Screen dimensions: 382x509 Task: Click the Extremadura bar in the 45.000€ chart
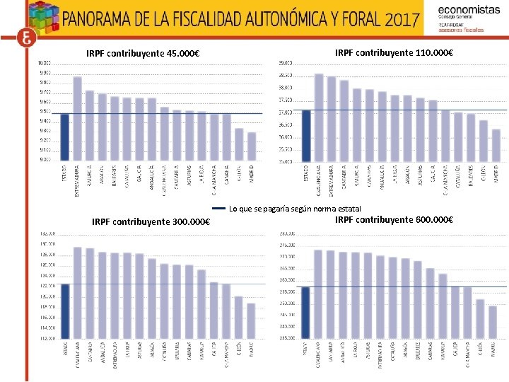click(77, 118)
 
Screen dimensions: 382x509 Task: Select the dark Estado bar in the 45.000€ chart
click(65, 137)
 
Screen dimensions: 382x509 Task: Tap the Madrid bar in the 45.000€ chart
click(252, 146)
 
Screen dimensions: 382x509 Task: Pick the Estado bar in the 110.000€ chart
click(306, 135)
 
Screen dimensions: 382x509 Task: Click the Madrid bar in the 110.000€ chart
click(496, 145)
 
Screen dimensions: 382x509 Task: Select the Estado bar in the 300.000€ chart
click(65, 311)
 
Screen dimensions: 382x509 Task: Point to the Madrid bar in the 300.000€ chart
click(251, 320)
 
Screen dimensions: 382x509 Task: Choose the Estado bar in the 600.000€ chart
click(305, 313)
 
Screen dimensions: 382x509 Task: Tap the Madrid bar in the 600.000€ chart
click(493, 322)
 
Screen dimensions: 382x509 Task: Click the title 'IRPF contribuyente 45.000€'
click(142, 54)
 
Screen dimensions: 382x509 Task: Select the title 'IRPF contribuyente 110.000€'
click(394, 53)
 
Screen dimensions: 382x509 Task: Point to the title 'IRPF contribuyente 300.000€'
click(151, 222)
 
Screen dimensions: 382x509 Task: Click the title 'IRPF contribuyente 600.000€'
click(394, 219)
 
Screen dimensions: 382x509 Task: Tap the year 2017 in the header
click(402, 18)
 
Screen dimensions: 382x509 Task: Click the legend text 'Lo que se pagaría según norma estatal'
click(295, 209)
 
